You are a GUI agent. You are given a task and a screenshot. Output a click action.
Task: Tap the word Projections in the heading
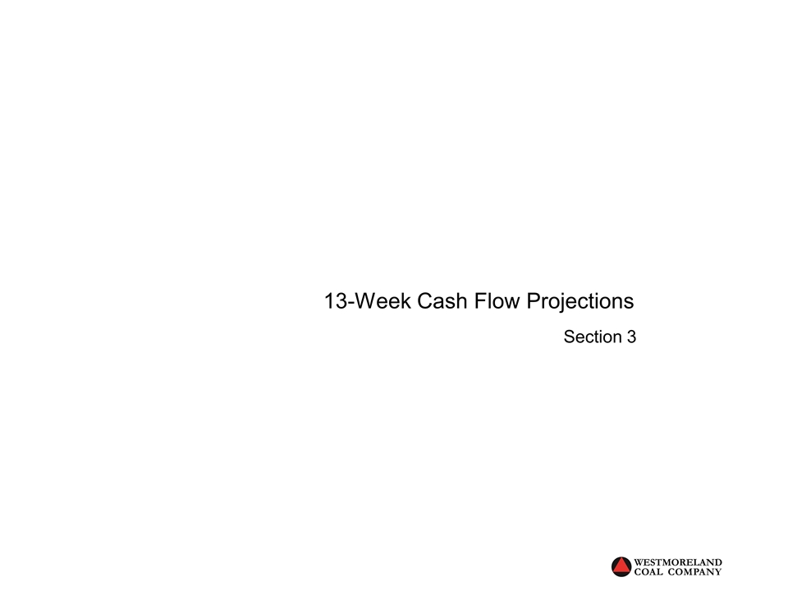(x=580, y=301)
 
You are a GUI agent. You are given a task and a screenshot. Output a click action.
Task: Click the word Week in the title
(x=385, y=301)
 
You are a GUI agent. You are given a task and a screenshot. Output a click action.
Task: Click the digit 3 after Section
(x=631, y=337)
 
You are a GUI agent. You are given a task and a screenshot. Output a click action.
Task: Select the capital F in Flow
(x=480, y=301)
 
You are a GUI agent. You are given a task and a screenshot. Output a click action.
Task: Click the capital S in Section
(x=569, y=337)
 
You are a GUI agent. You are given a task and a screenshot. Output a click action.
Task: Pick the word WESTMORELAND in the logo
(x=680, y=562)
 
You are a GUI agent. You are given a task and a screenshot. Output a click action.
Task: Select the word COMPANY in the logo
(x=697, y=572)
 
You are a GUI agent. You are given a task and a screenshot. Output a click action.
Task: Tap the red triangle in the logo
(x=622, y=566)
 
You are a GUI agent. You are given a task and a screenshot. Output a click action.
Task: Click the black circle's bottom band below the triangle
(x=622, y=575)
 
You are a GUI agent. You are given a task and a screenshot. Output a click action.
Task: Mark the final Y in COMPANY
(x=719, y=572)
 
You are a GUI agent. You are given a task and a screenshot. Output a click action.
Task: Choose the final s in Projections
(x=629, y=302)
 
